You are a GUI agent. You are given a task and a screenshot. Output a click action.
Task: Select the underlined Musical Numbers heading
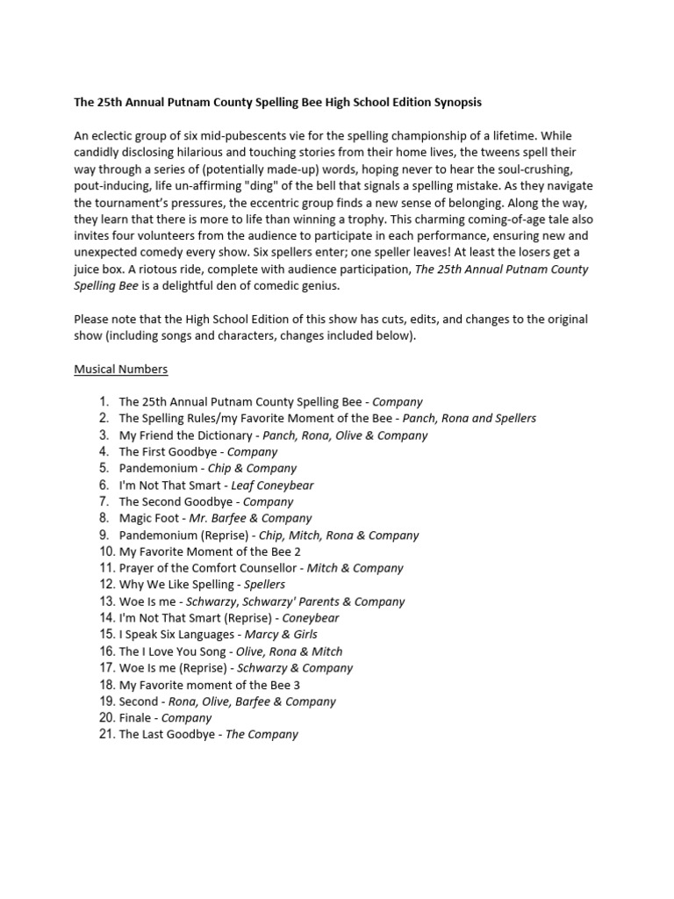click(x=120, y=369)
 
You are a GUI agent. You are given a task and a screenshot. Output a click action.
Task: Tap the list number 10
click(x=106, y=551)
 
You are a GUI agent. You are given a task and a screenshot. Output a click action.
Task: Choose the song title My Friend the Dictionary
click(x=185, y=435)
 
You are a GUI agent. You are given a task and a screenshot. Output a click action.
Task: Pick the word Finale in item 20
click(x=136, y=717)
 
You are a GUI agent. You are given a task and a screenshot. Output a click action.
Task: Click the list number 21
click(x=106, y=734)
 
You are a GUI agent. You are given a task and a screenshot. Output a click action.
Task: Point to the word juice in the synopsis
click(x=90, y=269)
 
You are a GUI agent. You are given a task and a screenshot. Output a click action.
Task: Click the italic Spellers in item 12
click(x=264, y=585)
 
